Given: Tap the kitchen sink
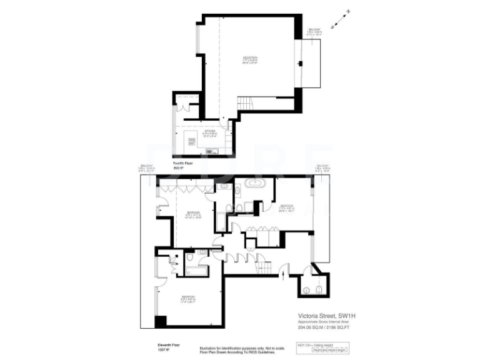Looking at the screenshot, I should [x=211, y=150].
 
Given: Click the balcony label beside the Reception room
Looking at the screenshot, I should [x=314, y=32].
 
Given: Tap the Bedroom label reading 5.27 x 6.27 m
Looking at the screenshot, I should [x=188, y=298].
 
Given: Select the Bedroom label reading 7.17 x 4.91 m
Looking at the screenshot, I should [x=287, y=207].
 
